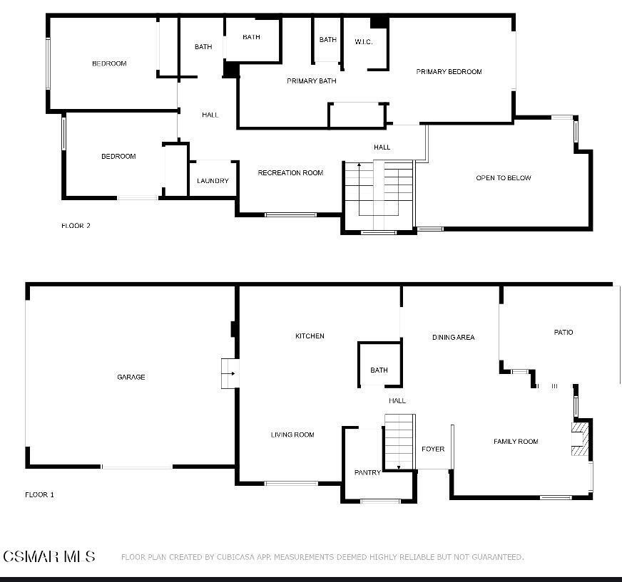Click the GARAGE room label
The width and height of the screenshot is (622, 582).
tap(131, 377)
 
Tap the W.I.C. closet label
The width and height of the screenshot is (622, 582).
tap(364, 42)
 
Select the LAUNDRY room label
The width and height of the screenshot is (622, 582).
tap(213, 181)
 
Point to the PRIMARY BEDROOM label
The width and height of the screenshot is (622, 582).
tap(449, 71)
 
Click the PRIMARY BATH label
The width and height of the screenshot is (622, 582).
tap(312, 81)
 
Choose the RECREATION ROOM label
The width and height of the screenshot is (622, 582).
tap(290, 173)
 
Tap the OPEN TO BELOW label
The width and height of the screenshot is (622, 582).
tap(504, 178)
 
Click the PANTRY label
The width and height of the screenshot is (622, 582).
tap(367, 473)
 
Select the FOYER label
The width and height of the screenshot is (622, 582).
tap(433, 450)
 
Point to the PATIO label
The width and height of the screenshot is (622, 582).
tap(564, 332)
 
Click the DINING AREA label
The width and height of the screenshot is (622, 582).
tap(453, 338)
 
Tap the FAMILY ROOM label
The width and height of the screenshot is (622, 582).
tap(516, 442)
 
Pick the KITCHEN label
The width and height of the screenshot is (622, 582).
tap(310, 336)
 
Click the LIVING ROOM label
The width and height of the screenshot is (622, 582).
tap(292, 435)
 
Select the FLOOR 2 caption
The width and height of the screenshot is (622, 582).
tap(76, 226)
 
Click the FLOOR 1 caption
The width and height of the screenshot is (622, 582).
tap(40, 494)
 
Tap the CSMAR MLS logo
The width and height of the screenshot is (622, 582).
tap(49, 556)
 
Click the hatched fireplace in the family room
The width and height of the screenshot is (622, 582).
tap(580, 440)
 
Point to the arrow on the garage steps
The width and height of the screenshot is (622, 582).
tap(229, 373)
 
